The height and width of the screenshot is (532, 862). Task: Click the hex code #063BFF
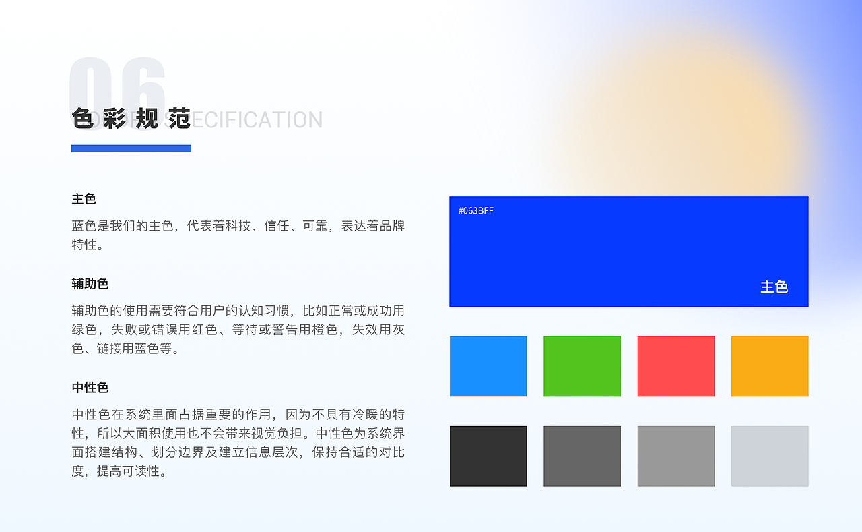[475, 211]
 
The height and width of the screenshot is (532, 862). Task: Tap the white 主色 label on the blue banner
[774, 287]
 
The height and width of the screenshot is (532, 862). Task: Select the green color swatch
[582, 366]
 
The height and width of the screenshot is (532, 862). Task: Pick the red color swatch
[675, 366]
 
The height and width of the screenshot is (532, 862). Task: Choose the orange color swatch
[769, 366]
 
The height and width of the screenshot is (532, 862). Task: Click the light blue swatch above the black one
[488, 366]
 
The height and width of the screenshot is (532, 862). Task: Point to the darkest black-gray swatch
[488, 456]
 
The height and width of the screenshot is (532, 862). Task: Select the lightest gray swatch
[769, 456]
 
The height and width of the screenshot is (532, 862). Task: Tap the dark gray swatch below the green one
[582, 456]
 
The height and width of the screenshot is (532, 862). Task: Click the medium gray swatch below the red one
[675, 456]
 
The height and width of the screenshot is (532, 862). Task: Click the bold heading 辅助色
[90, 284]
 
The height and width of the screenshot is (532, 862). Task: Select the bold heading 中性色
[90, 388]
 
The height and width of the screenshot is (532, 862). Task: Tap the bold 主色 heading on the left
[84, 199]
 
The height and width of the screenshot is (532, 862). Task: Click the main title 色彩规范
[131, 119]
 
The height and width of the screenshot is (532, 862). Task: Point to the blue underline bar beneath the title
[131, 148]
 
